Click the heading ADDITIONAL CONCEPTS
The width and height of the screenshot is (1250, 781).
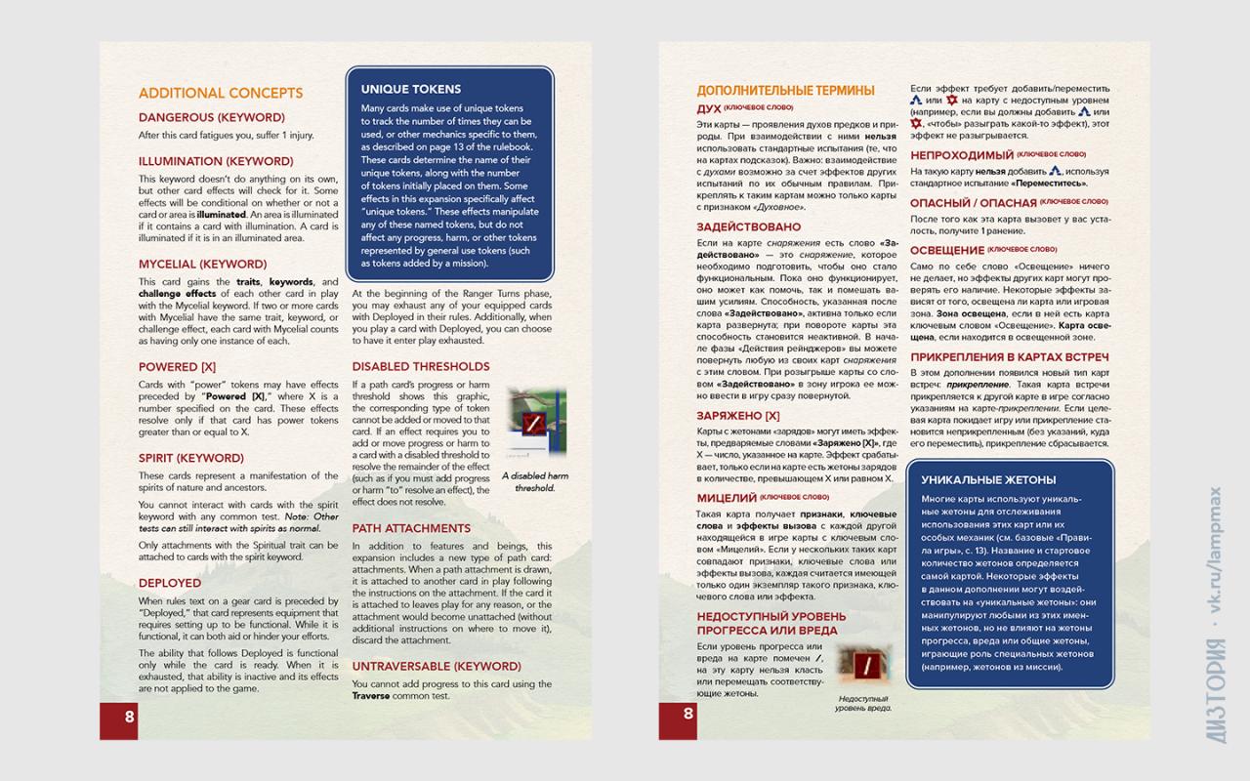tap(221, 94)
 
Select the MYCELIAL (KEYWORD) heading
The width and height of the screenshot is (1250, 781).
tap(202, 264)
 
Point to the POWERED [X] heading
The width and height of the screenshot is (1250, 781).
tap(177, 366)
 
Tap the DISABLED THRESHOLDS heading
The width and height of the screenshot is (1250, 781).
tap(421, 366)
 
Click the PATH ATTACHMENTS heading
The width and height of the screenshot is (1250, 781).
tap(411, 528)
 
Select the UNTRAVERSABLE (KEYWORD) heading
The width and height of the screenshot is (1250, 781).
tap(436, 666)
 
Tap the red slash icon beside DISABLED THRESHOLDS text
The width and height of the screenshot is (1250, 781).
tap(534, 424)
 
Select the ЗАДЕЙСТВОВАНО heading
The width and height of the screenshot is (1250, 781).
tap(747, 226)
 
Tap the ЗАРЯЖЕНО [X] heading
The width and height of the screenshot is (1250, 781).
tap(738, 415)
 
